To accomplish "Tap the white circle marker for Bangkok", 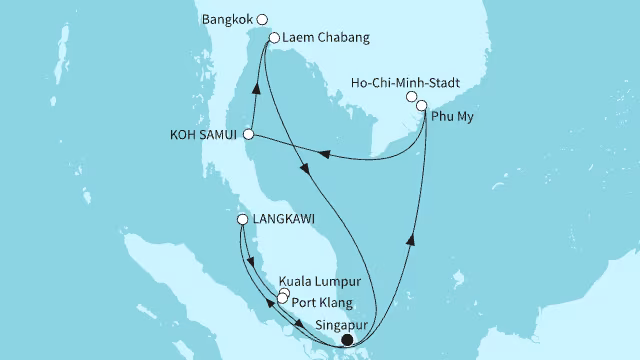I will coord(262,19).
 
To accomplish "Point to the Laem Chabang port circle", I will coord(274,38).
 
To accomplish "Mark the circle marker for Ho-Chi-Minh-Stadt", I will coord(411,97).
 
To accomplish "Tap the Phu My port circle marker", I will coord(422,105).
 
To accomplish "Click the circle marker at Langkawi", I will coord(242,220).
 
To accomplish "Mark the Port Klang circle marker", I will coord(281,299).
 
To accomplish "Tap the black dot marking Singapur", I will coord(347,341).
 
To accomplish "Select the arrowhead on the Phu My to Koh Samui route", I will coord(324,153).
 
